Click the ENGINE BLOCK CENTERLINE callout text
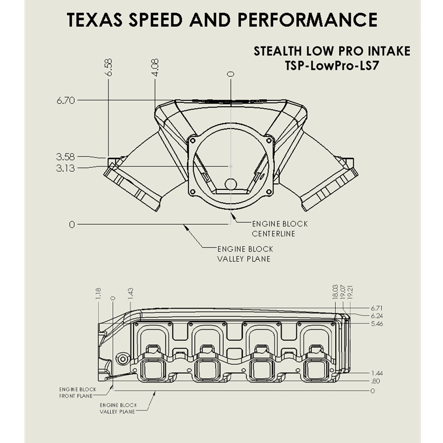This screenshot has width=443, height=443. pyautogui.click(x=280, y=228)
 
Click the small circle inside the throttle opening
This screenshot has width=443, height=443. pyautogui.click(x=230, y=184)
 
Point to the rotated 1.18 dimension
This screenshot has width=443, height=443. pyautogui.click(x=99, y=293)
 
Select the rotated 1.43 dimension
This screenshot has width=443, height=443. pyautogui.click(x=131, y=293)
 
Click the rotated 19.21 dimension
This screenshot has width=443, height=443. pyautogui.click(x=351, y=292)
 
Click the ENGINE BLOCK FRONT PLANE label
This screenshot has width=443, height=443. pyautogui.click(x=78, y=393)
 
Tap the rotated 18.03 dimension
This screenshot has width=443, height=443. pyautogui.click(x=335, y=292)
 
